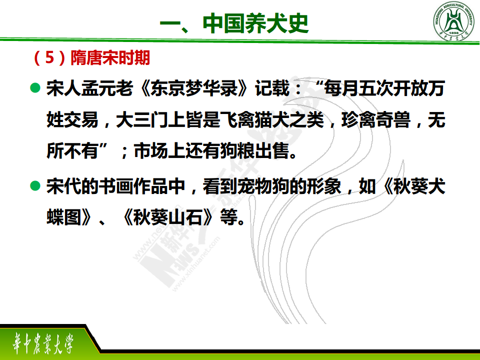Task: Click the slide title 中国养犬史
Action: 255,23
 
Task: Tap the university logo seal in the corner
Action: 453,21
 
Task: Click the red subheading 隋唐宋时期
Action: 110,57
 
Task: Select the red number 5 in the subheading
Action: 49,57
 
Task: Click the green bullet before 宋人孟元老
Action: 35,88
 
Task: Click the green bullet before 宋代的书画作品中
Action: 35,186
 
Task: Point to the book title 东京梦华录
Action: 194,88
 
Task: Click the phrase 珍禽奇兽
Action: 376,119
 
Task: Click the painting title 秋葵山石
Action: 167,217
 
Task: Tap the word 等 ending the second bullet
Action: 228,217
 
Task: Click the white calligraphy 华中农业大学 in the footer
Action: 43,343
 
